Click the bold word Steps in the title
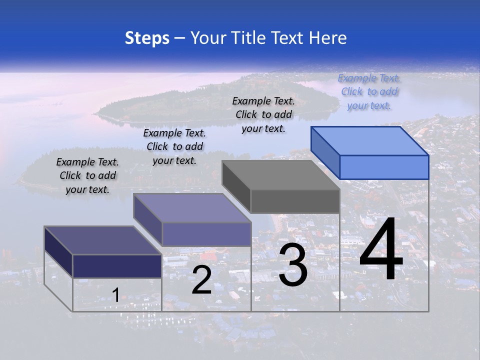pos(147,38)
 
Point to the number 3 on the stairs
pos(293,265)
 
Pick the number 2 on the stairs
pos(201,279)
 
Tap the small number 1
pos(115,295)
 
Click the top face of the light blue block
pos(370,140)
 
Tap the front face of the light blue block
pos(384,167)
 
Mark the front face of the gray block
pos(295,201)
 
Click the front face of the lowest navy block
pos(117,266)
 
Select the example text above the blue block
pos(369,92)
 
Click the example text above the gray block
pos(263,114)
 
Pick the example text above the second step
pos(174,146)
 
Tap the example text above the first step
pos(87,175)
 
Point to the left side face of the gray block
pos(236,186)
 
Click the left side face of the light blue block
pos(325,152)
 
